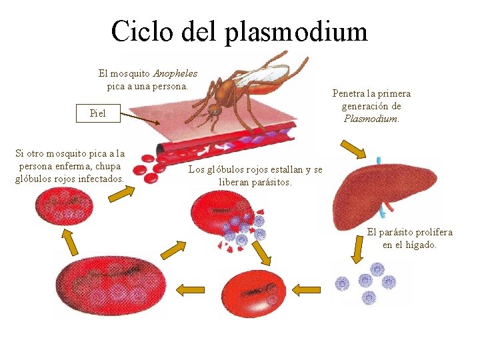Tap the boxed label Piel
pyautogui.click(x=97, y=113)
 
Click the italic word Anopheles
pyautogui.click(x=175, y=73)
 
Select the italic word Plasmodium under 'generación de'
pyautogui.click(x=371, y=119)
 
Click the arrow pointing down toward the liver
pyautogui.click(x=353, y=149)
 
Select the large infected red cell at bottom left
pyautogui.click(x=110, y=289)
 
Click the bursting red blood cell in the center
pyautogui.click(x=223, y=220)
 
